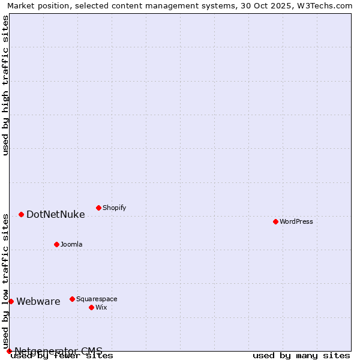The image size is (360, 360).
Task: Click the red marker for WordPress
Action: (x=275, y=221)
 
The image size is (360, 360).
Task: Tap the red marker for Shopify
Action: (x=98, y=208)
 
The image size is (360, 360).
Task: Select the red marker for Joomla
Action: (x=56, y=244)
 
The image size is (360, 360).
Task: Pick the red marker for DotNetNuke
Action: (x=21, y=214)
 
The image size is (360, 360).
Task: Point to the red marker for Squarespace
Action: (x=72, y=299)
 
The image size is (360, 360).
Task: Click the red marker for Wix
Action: (x=91, y=307)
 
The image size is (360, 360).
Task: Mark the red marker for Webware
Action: (x=11, y=301)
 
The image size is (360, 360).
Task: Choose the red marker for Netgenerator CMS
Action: (x=9, y=351)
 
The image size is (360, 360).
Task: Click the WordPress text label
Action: (x=296, y=222)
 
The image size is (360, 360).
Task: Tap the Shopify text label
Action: (x=114, y=208)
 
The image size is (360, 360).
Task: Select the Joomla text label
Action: (x=71, y=245)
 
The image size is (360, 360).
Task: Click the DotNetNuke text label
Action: (x=56, y=215)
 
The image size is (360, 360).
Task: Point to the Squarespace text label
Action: (x=97, y=299)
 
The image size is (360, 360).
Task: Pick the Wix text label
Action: (x=101, y=308)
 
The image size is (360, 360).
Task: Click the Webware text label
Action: (x=38, y=302)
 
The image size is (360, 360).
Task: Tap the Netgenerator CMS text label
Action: (x=59, y=351)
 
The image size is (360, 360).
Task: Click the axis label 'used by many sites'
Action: (x=301, y=356)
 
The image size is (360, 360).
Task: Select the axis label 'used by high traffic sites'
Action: (x=6, y=85)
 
